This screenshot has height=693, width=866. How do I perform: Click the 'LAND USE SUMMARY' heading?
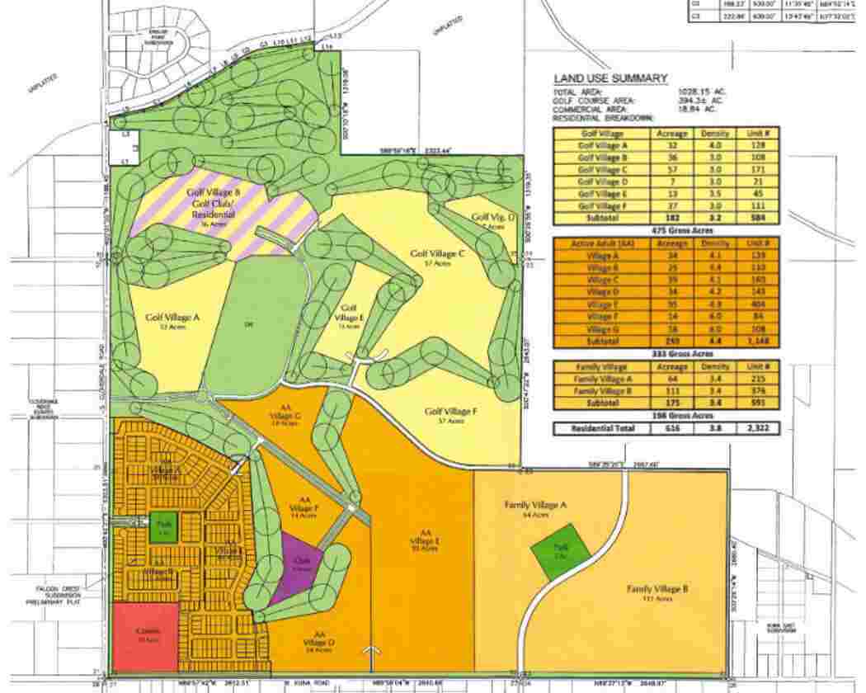[x=609, y=78]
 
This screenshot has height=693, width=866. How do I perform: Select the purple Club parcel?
[x=299, y=563]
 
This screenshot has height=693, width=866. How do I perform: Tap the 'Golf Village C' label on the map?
[x=438, y=254]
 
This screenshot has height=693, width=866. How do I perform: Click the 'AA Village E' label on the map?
[x=426, y=537]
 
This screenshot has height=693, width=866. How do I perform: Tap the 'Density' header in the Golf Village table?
[x=714, y=133]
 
